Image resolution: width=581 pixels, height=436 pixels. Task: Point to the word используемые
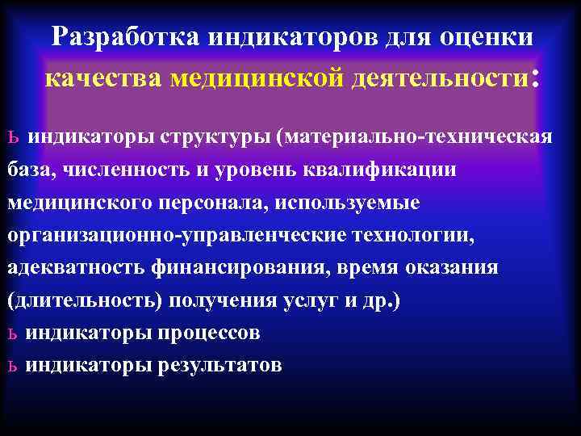pyautogui.click(x=347, y=203)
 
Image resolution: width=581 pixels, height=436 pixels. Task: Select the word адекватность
pyautogui.click(x=71, y=267)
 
